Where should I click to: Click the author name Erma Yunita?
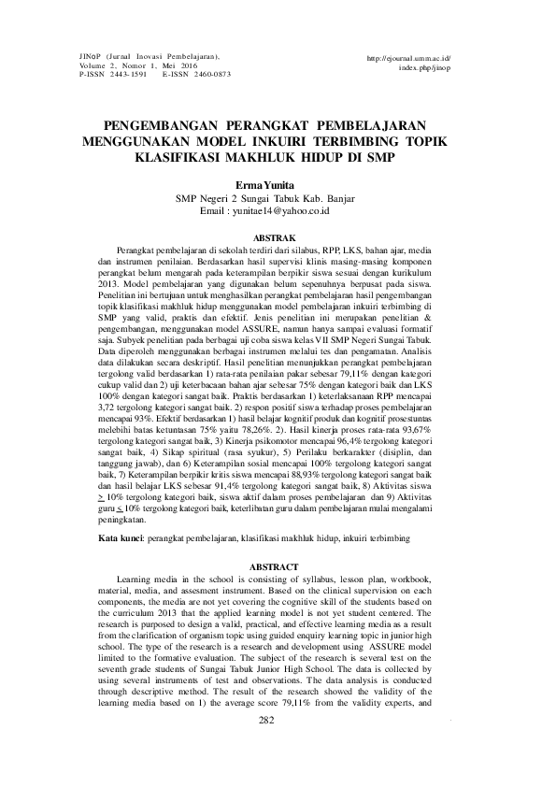tap(278, 187)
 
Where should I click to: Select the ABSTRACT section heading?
tap(278, 567)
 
